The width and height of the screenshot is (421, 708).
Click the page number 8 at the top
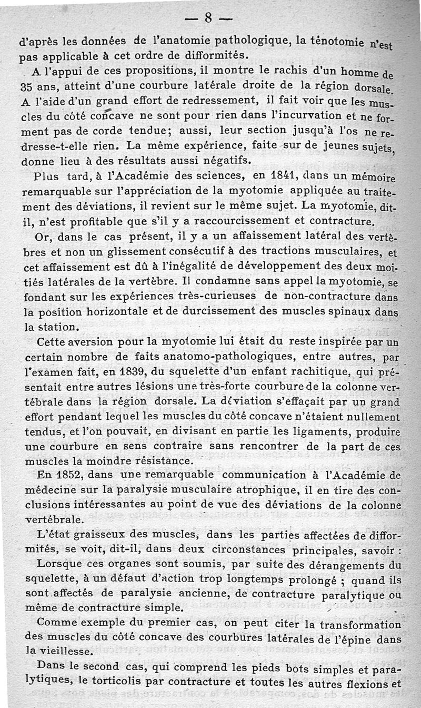coord(208,18)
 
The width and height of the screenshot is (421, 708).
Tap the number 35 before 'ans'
coord(27,86)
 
